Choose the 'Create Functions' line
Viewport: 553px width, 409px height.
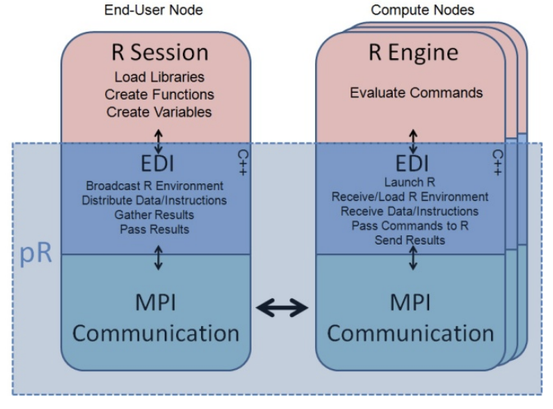157,96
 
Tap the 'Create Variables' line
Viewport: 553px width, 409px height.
157,112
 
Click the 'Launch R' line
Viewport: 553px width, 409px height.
412,183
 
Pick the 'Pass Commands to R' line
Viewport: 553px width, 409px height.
412,226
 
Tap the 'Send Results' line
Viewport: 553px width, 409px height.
412,240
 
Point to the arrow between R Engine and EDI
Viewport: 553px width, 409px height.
412,139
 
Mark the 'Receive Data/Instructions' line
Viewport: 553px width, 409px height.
412,211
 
